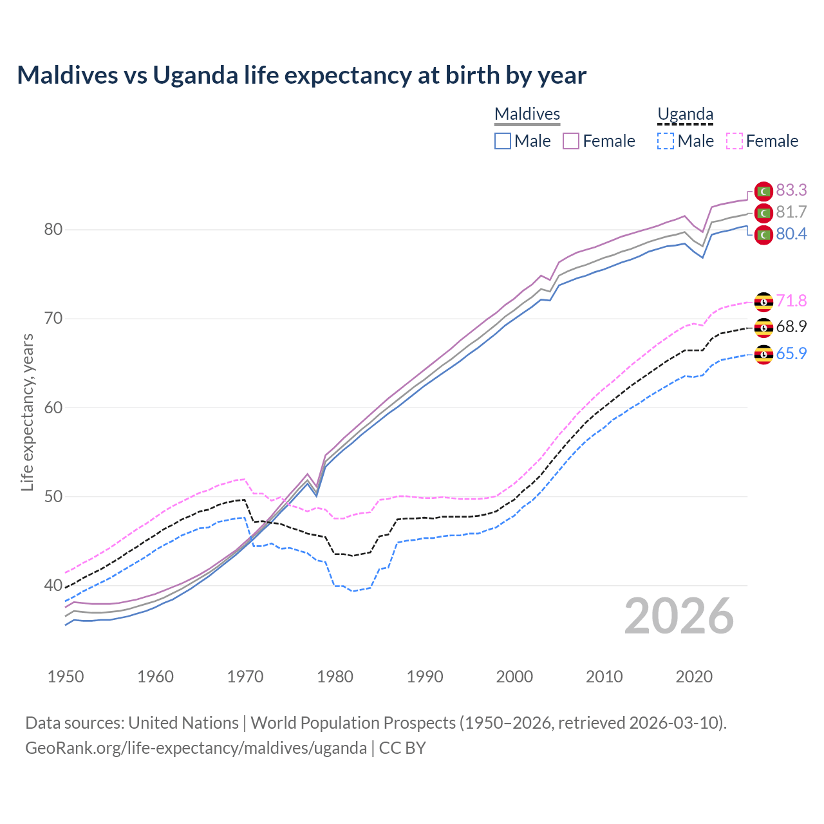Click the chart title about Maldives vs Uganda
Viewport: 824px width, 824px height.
point(301,75)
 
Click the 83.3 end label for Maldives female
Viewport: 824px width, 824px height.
point(791,190)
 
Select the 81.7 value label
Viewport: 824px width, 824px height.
point(791,212)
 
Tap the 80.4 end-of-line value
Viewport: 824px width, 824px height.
point(791,234)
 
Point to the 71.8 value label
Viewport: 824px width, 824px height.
point(791,301)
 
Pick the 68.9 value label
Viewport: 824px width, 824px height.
point(791,326)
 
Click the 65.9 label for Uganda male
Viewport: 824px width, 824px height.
point(791,353)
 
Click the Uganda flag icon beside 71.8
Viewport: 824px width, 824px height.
point(763,301)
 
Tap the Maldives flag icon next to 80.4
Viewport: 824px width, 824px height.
point(763,234)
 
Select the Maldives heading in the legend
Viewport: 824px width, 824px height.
point(527,114)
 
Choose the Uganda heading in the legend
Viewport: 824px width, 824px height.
point(685,114)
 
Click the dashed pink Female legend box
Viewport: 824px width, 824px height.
point(735,141)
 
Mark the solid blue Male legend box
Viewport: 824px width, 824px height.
point(503,141)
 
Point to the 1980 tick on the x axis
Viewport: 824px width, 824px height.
point(335,677)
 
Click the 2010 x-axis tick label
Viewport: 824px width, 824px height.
point(604,677)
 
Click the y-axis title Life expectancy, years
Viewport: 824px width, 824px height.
point(27,412)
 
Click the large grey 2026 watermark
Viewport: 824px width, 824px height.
point(679,616)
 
